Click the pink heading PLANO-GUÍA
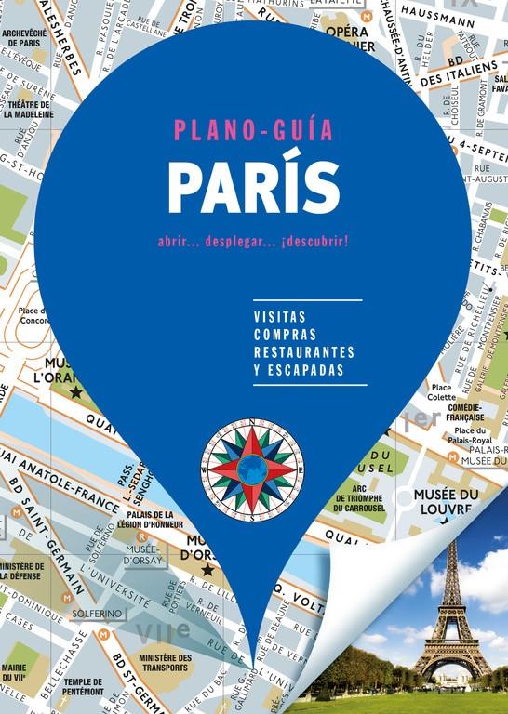(253, 131)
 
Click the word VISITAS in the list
(279, 316)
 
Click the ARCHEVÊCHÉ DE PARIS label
(24, 38)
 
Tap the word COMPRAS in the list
(285, 334)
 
